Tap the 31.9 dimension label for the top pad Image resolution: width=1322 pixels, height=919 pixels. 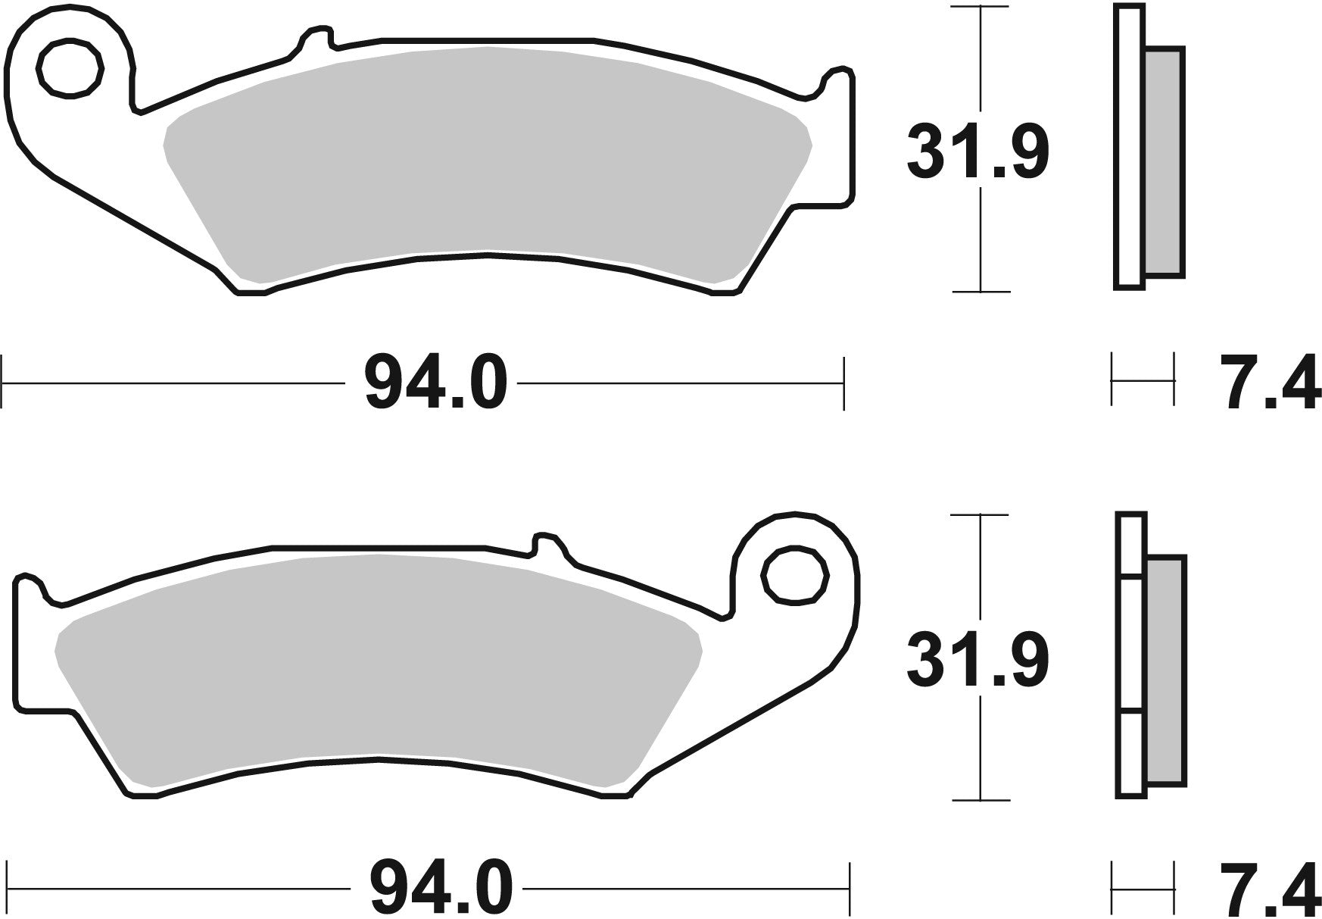[977, 154]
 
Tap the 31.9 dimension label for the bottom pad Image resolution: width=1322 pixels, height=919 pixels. [977, 661]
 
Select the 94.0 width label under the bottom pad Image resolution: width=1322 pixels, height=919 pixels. [441, 888]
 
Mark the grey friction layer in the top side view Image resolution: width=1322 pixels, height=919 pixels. [1165, 163]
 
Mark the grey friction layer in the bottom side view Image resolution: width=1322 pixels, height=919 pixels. [1167, 670]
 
